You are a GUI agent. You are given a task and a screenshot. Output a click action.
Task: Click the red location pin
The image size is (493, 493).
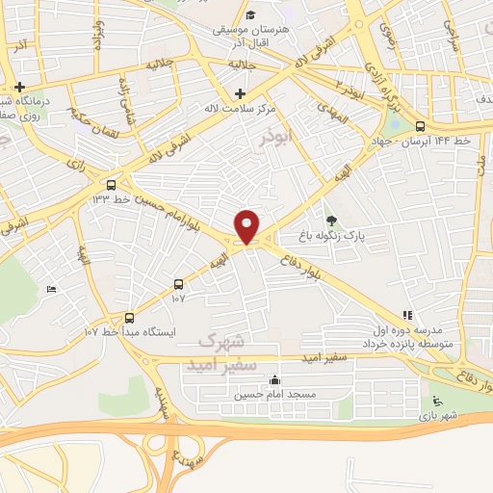246,226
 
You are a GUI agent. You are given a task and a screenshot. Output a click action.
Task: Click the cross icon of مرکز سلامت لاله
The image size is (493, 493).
240,92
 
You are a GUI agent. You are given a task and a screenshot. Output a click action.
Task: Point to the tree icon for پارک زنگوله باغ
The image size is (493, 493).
332,220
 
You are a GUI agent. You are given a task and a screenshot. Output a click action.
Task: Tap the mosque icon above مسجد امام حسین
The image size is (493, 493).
277,379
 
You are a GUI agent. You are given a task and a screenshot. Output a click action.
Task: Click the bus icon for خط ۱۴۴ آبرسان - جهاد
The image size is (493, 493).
420,126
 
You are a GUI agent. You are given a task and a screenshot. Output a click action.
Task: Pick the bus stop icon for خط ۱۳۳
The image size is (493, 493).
113,185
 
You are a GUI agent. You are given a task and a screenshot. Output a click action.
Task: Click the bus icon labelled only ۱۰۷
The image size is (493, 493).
178,284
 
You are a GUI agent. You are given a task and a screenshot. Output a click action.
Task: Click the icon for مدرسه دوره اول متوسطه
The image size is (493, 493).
407,314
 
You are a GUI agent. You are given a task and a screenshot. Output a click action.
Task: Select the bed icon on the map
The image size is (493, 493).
51,289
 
